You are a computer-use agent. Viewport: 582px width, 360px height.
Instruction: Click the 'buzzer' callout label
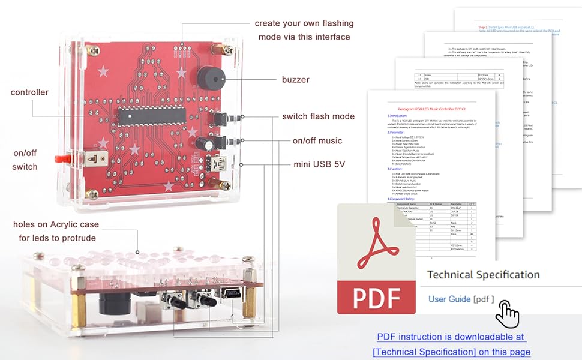(x=296, y=79)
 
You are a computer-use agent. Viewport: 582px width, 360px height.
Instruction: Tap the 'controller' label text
(x=29, y=92)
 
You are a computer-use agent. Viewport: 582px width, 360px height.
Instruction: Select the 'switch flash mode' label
(x=318, y=116)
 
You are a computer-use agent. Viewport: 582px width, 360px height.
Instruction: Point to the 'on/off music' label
(x=317, y=140)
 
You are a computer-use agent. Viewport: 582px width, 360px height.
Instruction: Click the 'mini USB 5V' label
(x=319, y=163)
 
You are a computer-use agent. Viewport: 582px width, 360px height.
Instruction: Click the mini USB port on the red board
(x=216, y=163)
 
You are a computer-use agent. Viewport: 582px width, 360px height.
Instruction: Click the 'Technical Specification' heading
(x=483, y=275)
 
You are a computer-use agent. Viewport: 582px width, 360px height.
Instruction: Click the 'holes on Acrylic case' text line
(x=56, y=224)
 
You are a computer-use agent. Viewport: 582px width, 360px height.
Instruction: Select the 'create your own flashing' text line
(x=302, y=23)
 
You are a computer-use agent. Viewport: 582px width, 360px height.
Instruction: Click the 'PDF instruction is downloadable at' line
(x=451, y=337)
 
